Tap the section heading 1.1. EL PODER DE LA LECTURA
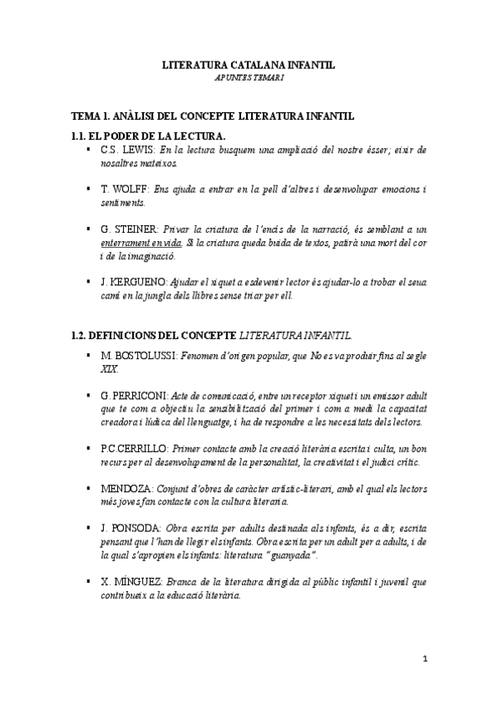coord(149,136)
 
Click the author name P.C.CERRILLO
coord(140,447)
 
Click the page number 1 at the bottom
coord(423,659)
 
